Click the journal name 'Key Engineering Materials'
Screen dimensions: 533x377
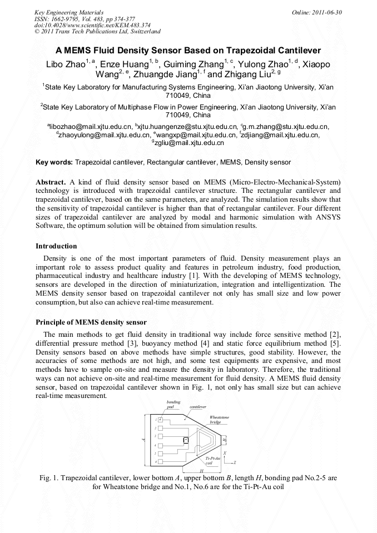[69, 12]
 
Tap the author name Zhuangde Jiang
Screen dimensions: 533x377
[161, 74]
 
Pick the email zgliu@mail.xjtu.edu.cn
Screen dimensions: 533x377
[189, 143]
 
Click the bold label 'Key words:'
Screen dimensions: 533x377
[54, 162]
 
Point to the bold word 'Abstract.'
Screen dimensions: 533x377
[51, 182]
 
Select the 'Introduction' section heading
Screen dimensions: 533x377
[56, 246]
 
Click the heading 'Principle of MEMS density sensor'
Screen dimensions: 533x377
[91, 322]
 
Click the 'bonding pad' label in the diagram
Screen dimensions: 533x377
[173, 404]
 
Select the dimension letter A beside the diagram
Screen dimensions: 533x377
[143, 440]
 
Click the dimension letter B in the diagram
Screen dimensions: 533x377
[225, 440]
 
